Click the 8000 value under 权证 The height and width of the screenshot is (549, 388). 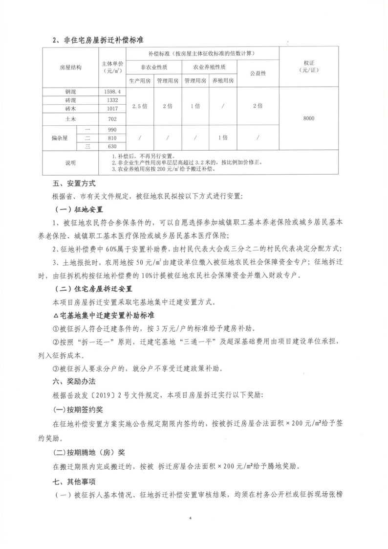[308, 118]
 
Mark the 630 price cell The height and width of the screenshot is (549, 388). [113, 146]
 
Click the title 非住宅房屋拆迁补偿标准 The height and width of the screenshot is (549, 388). [103, 40]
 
